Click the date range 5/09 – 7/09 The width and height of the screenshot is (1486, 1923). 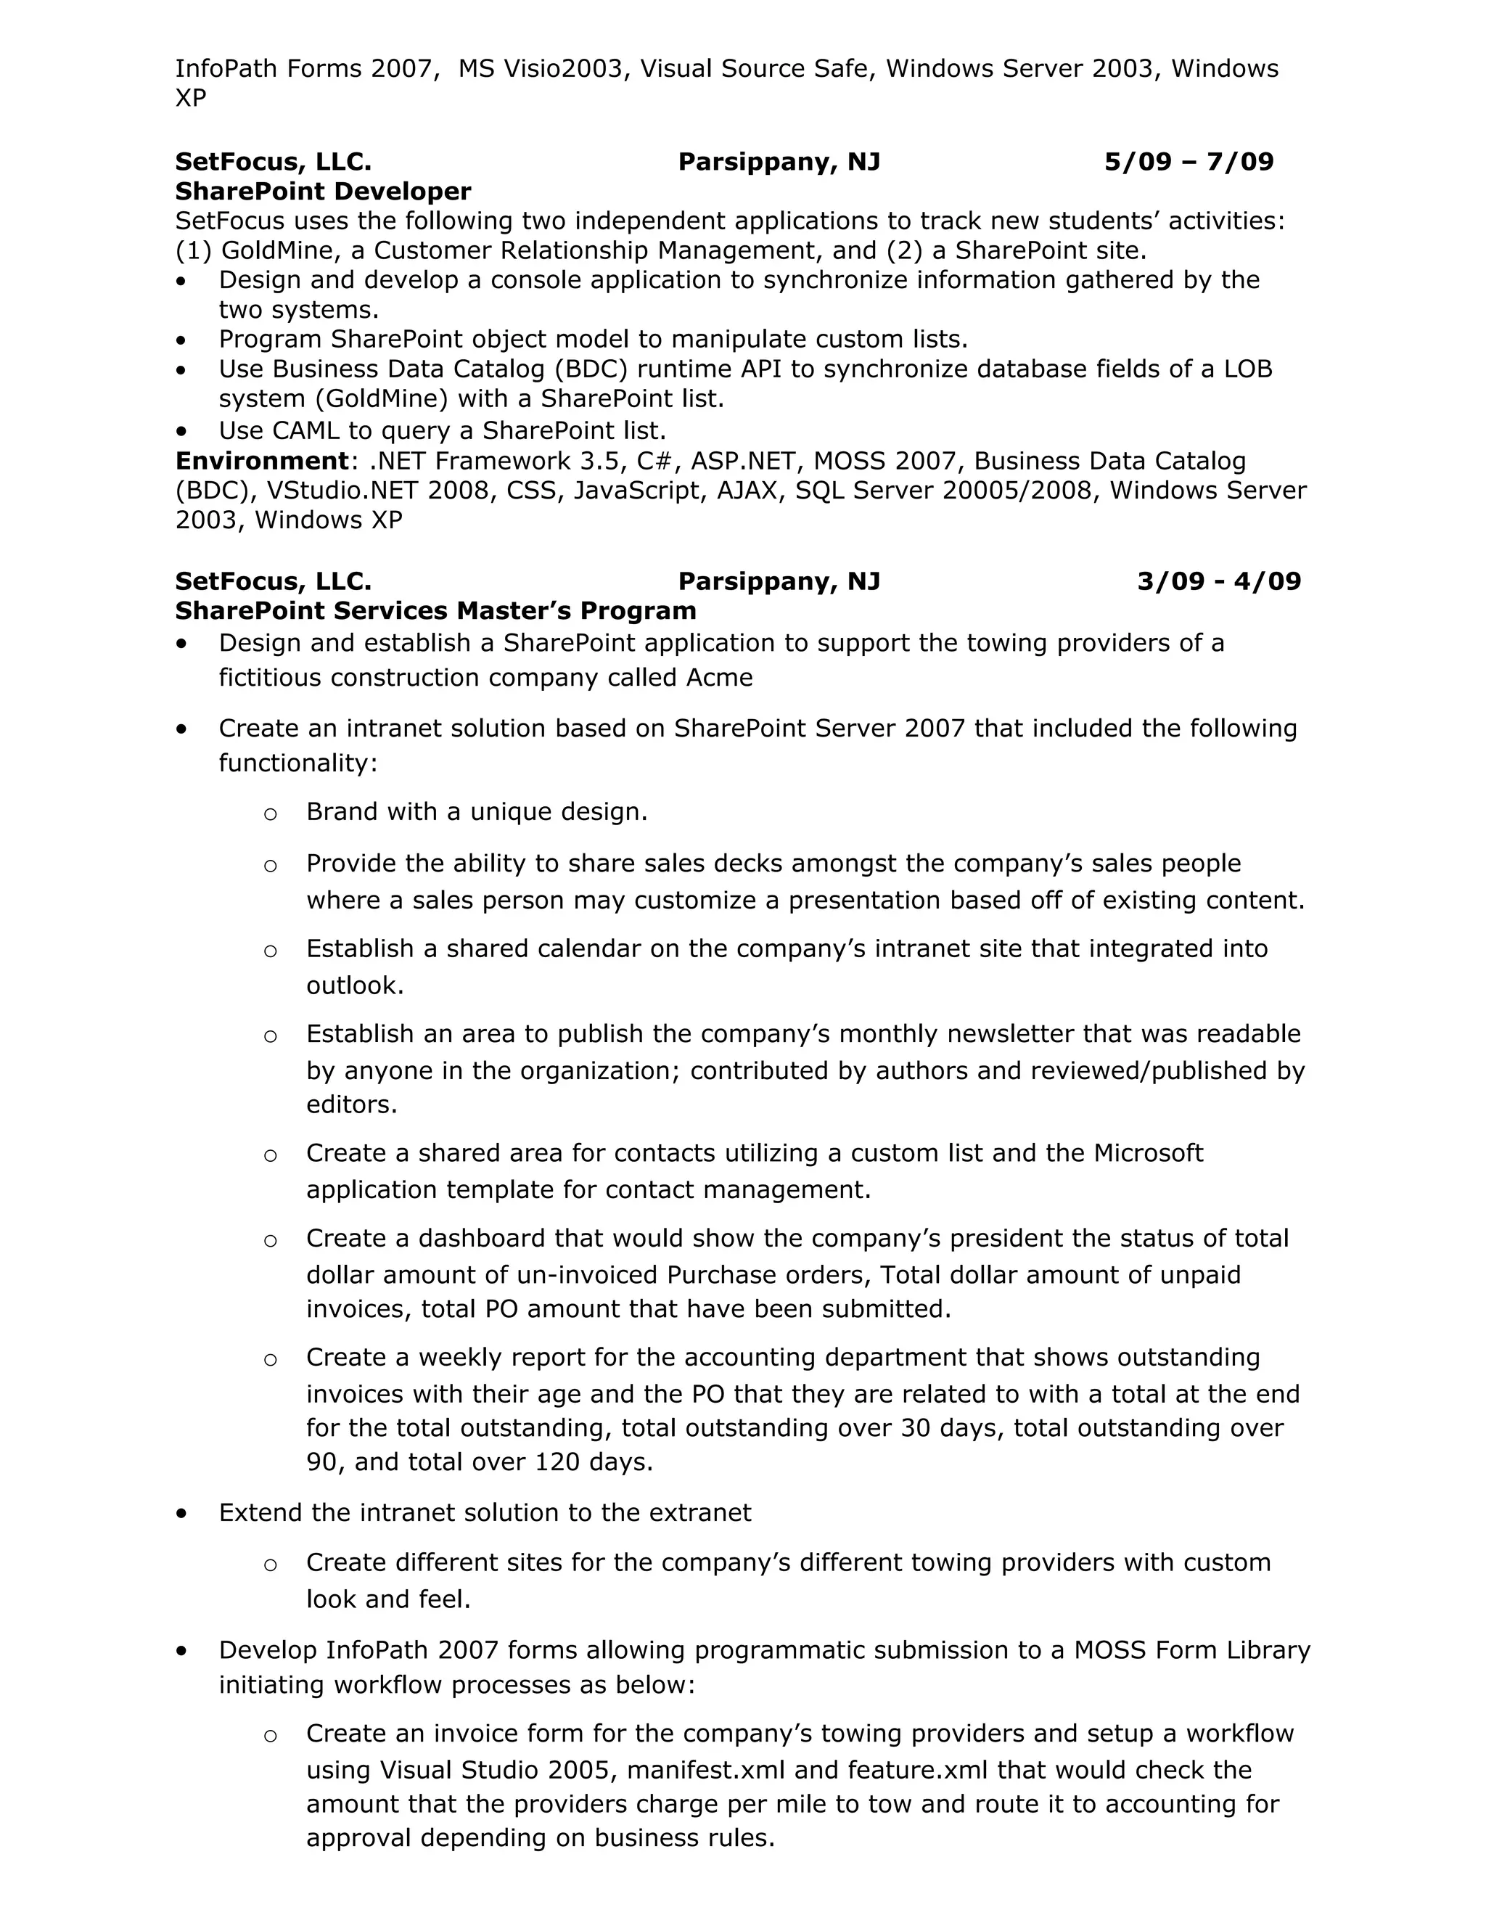pyautogui.click(x=1189, y=162)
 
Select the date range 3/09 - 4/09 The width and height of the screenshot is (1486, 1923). pyautogui.click(x=1218, y=581)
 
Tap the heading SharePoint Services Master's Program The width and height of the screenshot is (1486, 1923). pyautogui.click(x=435, y=610)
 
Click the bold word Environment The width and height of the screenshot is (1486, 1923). pyautogui.click(x=261, y=461)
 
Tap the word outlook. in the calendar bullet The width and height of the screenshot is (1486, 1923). pyautogui.click(x=355, y=985)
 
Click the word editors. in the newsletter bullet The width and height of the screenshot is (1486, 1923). pyautogui.click(x=351, y=1104)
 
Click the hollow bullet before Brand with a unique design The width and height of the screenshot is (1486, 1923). pyautogui.click(x=270, y=813)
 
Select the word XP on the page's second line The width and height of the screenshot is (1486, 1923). pyautogui.click(x=191, y=98)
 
